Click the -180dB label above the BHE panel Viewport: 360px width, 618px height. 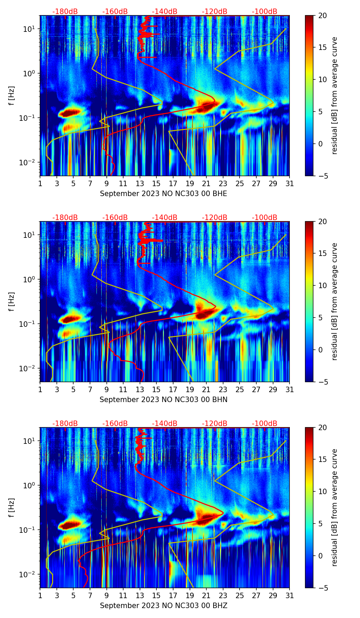(65, 12)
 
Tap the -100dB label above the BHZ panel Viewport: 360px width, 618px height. (265, 424)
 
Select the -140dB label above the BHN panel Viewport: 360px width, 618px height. (165, 218)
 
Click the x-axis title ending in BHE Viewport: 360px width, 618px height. (163, 194)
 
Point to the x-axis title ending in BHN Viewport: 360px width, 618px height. (163, 400)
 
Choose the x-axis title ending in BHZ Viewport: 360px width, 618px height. (163, 606)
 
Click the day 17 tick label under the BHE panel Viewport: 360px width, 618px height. (173, 183)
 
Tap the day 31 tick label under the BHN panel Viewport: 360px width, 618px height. (290, 389)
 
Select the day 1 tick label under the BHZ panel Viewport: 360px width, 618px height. (40, 595)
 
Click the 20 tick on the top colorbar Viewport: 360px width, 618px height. (322, 15)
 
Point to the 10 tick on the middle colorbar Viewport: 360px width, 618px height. (322, 285)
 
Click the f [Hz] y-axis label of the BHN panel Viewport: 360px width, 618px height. (12, 301)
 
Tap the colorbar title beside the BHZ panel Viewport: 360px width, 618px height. (334, 507)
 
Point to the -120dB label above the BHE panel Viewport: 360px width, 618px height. (215, 12)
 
